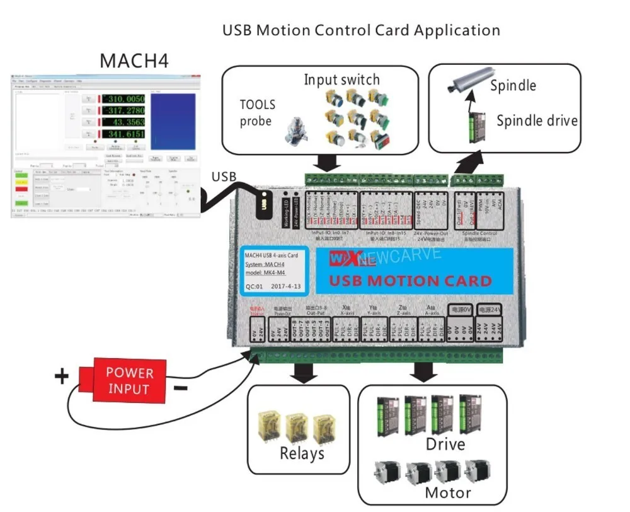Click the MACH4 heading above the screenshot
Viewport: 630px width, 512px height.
134,61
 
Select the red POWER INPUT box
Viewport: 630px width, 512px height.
129,380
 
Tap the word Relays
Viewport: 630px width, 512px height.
302,453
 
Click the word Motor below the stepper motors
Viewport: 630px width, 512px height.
447,492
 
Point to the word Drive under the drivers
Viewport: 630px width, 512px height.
445,444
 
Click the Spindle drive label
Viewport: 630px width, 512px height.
537,120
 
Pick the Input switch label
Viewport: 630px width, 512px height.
341,79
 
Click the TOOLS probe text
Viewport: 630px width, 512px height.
257,113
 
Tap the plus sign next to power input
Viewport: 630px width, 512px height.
61,377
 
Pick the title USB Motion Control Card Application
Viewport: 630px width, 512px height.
361,30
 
